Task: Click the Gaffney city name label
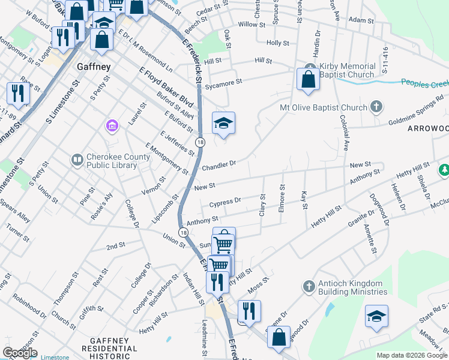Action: coord(94,67)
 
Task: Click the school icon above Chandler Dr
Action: coord(223,124)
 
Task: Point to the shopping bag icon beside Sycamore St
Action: coord(308,80)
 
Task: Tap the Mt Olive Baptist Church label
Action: coord(324,108)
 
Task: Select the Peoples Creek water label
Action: coord(424,84)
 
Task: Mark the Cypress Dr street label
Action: coord(226,201)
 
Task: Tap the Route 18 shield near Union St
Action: coord(182,232)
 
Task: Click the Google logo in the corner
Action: coord(20,353)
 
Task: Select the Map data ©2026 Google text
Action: coord(412,355)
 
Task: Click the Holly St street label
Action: coord(278,43)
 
